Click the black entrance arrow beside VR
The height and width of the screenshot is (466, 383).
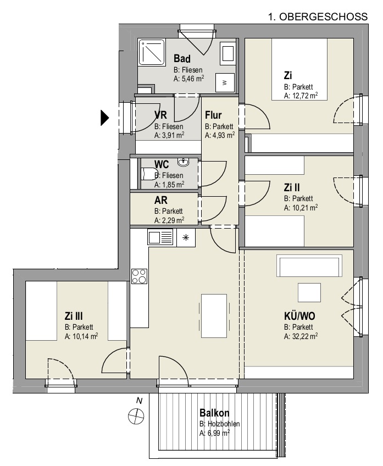tap(104, 118)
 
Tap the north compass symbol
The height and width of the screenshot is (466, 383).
tap(136, 415)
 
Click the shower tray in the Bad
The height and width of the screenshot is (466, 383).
tap(152, 52)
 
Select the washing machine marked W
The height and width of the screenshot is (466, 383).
tap(225, 82)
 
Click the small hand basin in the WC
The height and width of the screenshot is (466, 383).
tap(183, 162)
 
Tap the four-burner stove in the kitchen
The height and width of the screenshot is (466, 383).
tap(140, 276)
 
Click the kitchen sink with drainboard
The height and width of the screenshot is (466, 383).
tap(160, 237)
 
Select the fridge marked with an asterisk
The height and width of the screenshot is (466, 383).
tap(186, 237)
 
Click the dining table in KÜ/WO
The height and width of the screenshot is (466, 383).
tap(214, 315)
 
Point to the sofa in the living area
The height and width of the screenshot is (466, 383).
tap(309, 265)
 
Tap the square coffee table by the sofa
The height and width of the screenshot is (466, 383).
tap(309, 292)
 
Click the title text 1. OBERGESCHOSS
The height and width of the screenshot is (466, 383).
tap(318, 16)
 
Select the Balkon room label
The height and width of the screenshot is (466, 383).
tap(214, 413)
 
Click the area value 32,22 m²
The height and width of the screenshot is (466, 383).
tap(301, 336)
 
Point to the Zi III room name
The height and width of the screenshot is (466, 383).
tap(74, 315)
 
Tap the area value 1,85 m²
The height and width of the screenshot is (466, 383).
tap(169, 184)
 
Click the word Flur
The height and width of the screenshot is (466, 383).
tap(213, 115)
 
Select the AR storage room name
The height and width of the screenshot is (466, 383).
tap(161, 200)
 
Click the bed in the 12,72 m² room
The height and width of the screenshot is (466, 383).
tap(299, 69)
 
